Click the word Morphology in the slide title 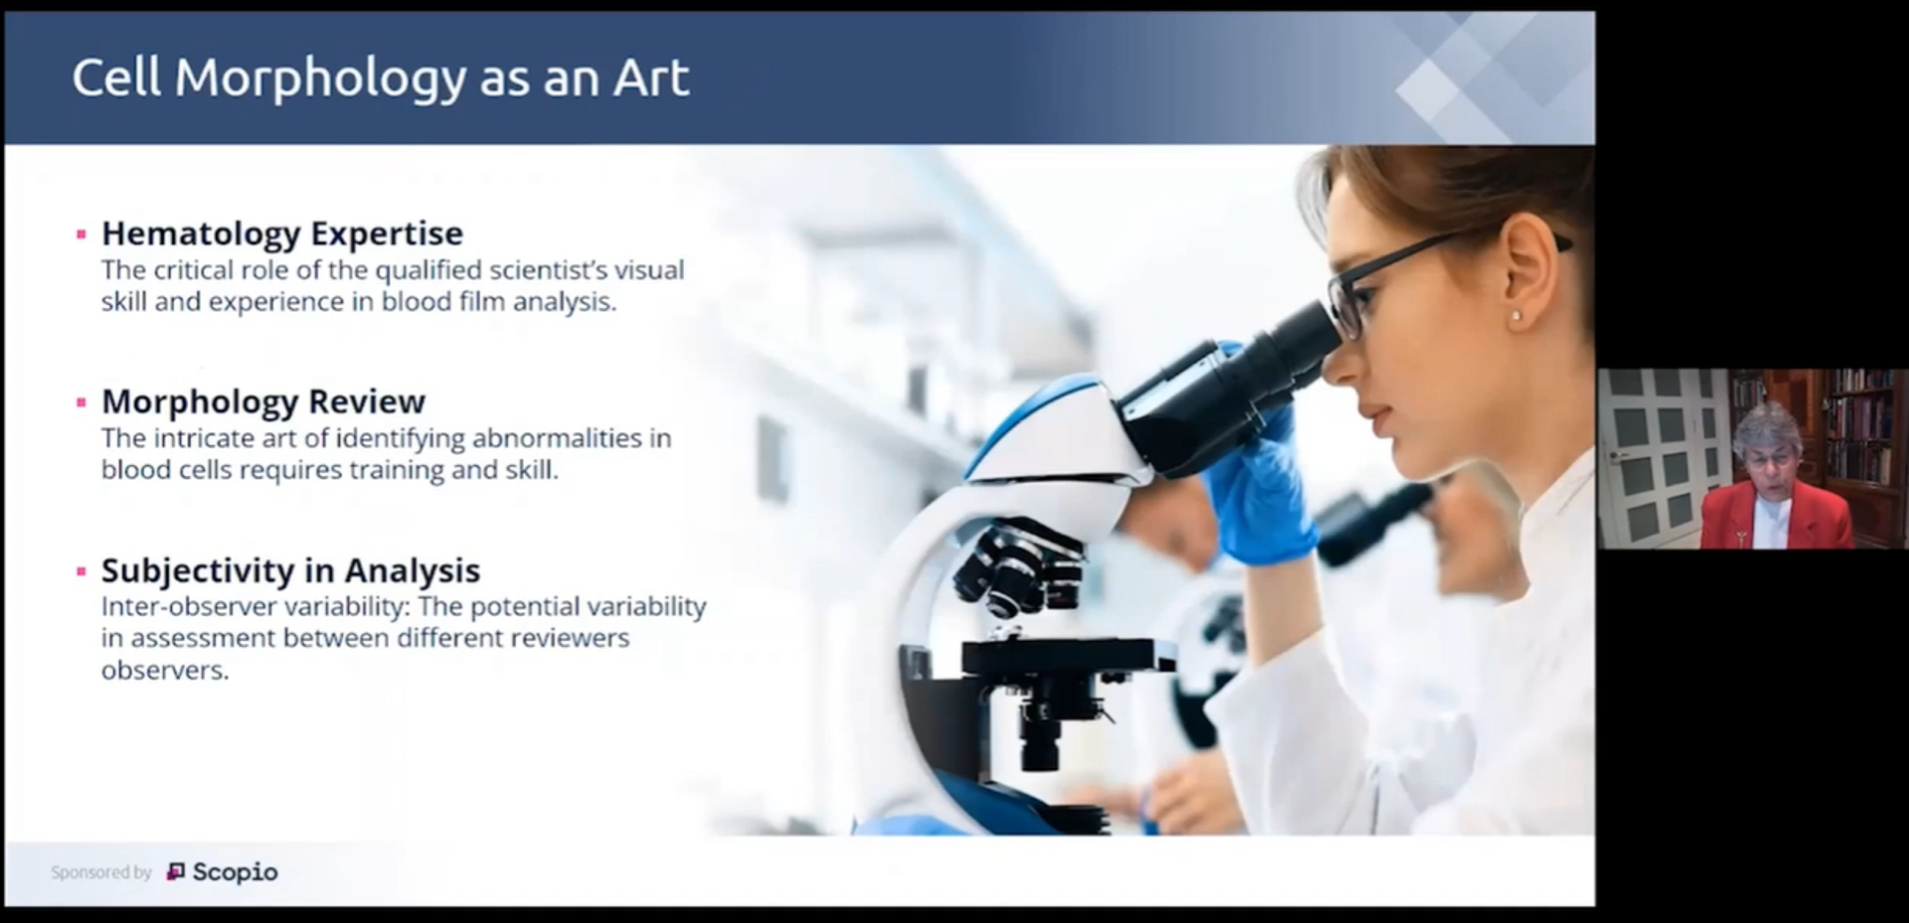pyautogui.click(x=319, y=78)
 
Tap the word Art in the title pyautogui.click(x=651, y=78)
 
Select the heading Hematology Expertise pyautogui.click(x=282, y=233)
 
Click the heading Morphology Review pyautogui.click(x=263, y=401)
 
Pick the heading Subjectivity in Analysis pyautogui.click(x=290, y=570)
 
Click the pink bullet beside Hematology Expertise pyautogui.click(x=82, y=234)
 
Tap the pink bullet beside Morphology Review pyautogui.click(x=82, y=402)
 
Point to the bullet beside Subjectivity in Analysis pyautogui.click(x=82, y=571)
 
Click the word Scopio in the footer pyautogui.click(x=235, y=872)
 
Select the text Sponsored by pyautogui.click(x=101, y=872)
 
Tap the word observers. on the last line pyautogui.click(x=165, y=671)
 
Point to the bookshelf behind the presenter pyautogui.click(x=1860, y=427)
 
